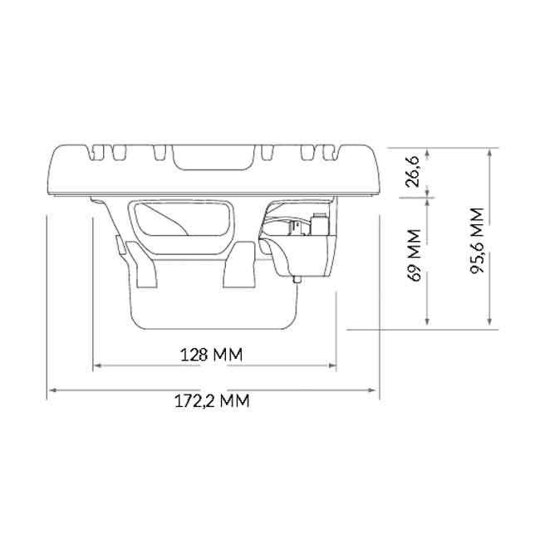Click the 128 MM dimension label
coord(212,355)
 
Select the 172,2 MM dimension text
coord(212,401)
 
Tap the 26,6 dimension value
coord(412,171)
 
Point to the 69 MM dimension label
coord(414,255)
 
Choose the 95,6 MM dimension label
coord(478,240)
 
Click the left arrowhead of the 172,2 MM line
coord(53,390)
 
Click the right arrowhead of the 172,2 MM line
coord(372,390)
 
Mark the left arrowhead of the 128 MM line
coord(98,366)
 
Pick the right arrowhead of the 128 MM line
coord(332,366)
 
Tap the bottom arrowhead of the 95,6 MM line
coord(489,321)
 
